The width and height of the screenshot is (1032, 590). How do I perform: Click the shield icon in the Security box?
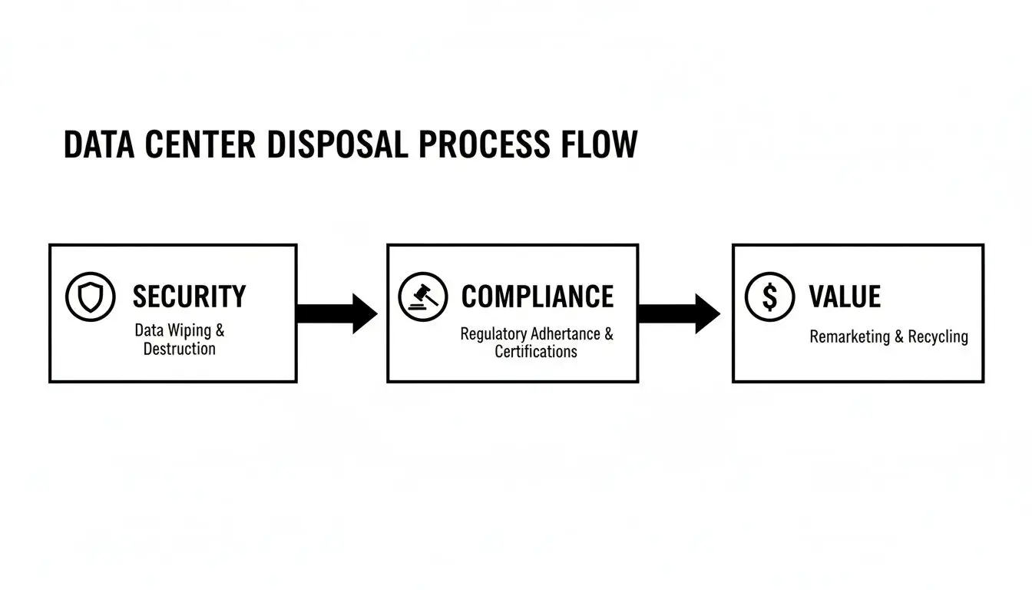pyautogui.click(x=90, y=297)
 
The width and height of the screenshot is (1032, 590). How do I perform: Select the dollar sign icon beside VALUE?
pyautogui.click(x=770, y=297)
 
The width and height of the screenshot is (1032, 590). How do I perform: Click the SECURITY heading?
pyautogui.click(x=189, y=297)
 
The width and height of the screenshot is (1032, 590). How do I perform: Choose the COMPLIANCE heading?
pyautogui.click(x=537, y=297)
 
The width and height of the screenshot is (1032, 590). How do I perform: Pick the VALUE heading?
pyautogui.click(x=845, y=297)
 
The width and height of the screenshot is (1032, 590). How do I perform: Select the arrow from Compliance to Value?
pyautogui.click(x=680, y=313)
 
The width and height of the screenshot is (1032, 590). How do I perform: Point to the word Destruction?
pyautogui.click(x=180, y=349)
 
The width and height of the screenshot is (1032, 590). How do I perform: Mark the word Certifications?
pyautogui.click(x=536, y=352)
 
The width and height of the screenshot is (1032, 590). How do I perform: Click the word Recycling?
pyautogui.click(x=938, y=336)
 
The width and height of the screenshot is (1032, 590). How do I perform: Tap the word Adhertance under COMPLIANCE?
pyautogui.click(x=566, y=334)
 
